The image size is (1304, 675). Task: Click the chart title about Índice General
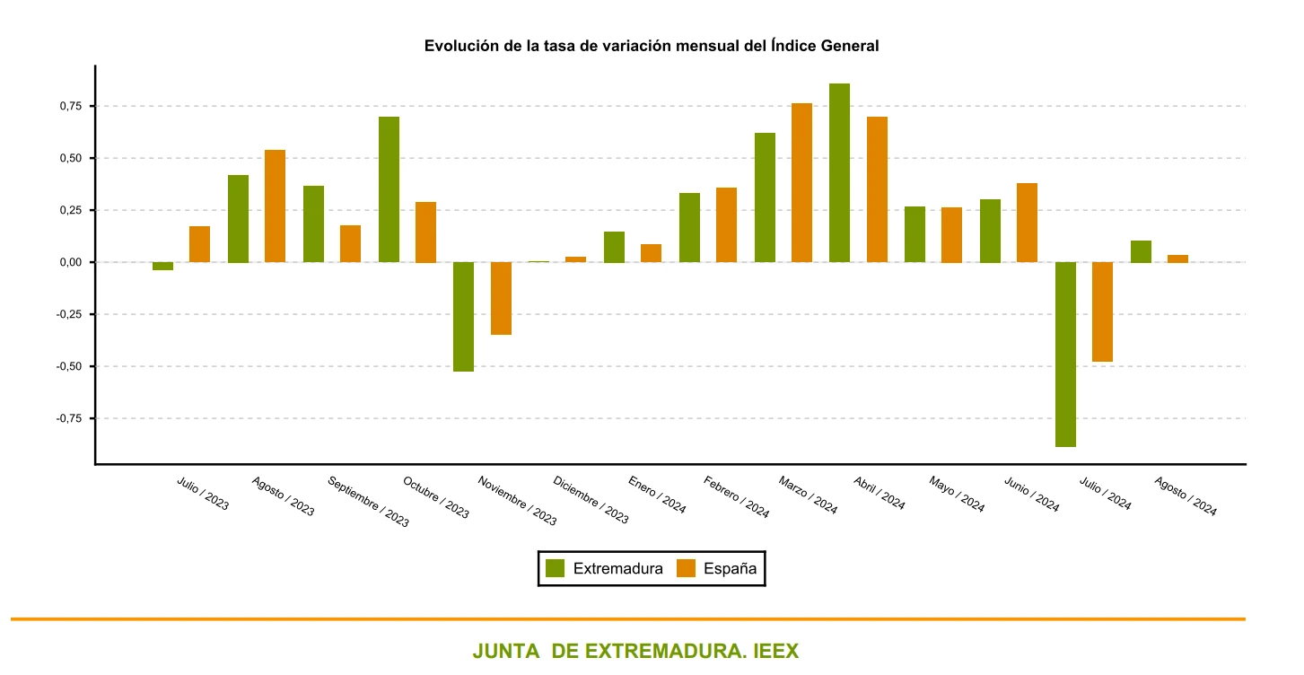pyautogui.click(x=651, y=46)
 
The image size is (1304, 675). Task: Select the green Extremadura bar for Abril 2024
pyautogui.click(x=839, y=172)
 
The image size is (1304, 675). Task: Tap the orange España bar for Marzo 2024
pyautogui.click(x=801, y=182)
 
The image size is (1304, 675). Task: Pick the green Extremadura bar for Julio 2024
pyautogui.click(x=1065, y=354)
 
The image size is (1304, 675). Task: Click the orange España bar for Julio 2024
pyautogui.click(x=1102, y=311)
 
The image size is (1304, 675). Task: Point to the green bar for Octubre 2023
pyautogui.click(x=389, y=189)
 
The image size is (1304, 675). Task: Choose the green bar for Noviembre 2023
pyautogui.click(x=463, y=316)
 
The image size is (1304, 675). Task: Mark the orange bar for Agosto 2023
pyautogui.click(x=275, y=206)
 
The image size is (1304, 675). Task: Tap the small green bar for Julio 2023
pyautogui.click(x=162, y=266)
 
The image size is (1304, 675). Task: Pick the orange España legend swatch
pyautogui.click(x=687, y=568)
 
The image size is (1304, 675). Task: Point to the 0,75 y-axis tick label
pyautogui.click(x=69, y=106)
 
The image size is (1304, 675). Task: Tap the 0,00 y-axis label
pyautogui.click(x=69, y=262)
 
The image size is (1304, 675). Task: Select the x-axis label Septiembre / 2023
pyautogui.click(x=368, y=501)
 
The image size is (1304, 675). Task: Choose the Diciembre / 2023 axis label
pyautogui.click(x=591, y=499)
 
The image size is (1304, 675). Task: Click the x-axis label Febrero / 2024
pyautogui.click(x=736, y=496)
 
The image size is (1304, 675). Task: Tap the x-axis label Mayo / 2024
pyautogui.click(x=957, y=494)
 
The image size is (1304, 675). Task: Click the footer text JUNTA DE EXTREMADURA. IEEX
pyautogui.click(x=634, y=651)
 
